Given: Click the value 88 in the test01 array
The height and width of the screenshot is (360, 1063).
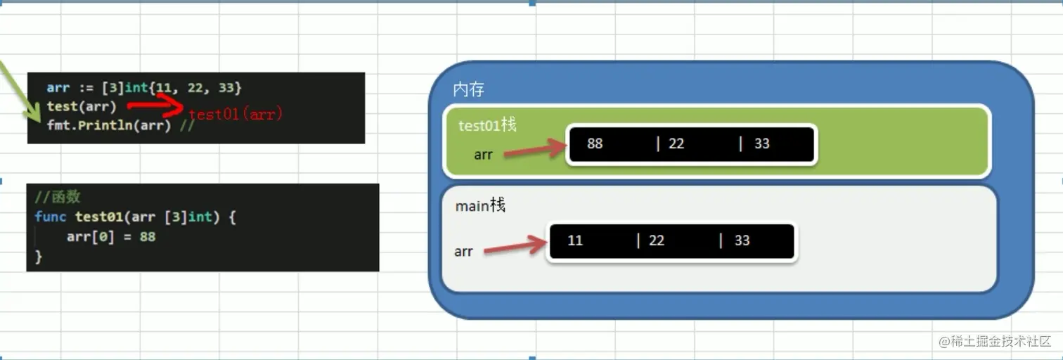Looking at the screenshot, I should (x=595, y=143).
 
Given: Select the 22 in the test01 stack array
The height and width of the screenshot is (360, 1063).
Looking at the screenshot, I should (x=676, y=143).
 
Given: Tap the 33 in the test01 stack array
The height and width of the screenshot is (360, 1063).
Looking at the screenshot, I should (x=762, y=143).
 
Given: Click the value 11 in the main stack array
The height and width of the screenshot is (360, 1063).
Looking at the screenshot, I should (x=575, y=240).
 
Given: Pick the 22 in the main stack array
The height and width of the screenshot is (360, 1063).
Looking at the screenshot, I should (x=657, y=240).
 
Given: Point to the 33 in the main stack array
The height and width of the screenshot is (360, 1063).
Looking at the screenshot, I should (x=742, y=240).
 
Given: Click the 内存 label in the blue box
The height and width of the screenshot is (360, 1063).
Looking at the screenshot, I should (x=468, y=89).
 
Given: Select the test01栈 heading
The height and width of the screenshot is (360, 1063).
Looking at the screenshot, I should (x=487, y=125).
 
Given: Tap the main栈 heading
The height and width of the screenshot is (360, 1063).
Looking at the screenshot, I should (x=480, y=206).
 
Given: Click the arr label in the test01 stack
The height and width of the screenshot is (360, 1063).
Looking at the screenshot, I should (x=483, y=155).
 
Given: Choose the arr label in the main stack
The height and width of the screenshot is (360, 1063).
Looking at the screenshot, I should (x=463, y=251).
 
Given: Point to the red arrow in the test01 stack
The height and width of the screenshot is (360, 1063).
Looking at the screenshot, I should (x=534, y=150).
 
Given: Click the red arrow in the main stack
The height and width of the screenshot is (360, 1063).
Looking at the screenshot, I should (x=515, y=246).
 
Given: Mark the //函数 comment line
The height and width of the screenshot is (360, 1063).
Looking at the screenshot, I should (x=58, y=197).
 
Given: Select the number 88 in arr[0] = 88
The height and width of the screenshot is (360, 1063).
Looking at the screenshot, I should (x=147, y=237).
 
